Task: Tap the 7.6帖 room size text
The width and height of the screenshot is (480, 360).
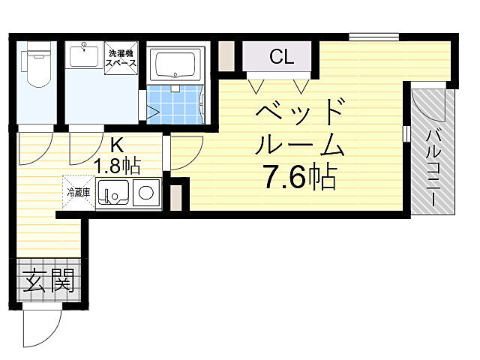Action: [x=299, y=177]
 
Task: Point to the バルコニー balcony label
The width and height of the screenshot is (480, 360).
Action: [x=434, y=166]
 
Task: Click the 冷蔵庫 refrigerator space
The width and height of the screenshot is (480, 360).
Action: [x=77, y=191]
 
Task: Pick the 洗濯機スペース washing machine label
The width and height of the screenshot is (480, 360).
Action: [x=122, y=58]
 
